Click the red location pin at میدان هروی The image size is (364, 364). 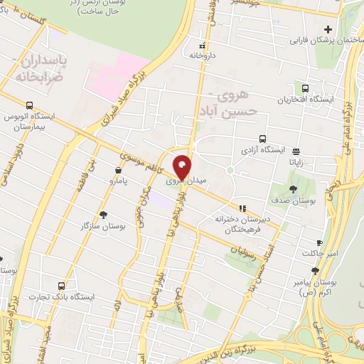[x=182, y=167]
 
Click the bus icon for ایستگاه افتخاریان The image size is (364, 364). [x=305, y=89]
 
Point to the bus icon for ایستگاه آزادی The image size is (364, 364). [x=263, y=139]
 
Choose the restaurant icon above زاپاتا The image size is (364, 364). [x=296, y=151]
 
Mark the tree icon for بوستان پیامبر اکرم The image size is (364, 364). [x=315, y=271]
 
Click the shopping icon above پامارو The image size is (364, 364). [x=118, y=170]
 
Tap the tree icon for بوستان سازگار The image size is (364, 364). [x=104, y=214]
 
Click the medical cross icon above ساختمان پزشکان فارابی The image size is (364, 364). [x=328, y=28]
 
